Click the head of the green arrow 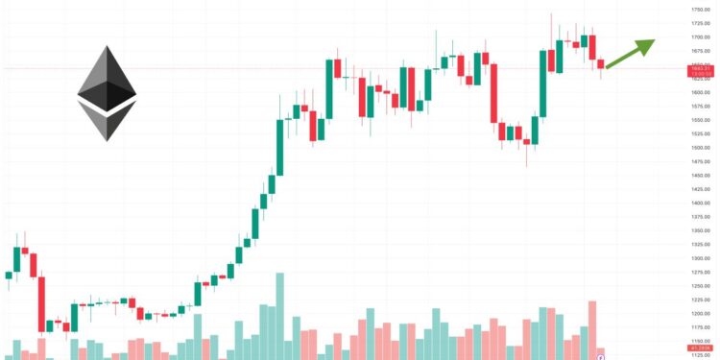[x=649, y=43]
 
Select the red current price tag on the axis [x=700, y=69]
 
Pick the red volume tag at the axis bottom [x=700, y=348]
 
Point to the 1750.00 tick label [x=700, y=9]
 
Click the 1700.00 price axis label [x=700, y=36]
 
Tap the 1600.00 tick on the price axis [x=700, y=92]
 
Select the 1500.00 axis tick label [x=700, y=148]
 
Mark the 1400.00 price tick [x=700, y=204]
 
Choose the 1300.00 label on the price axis [x=700, y=259]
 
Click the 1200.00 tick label [x=700, y=314]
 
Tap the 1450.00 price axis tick [x=700, y=176]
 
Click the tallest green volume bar [x=279, y=316]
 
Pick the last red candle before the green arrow [x=601, y=64]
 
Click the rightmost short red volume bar [x=601, y=353]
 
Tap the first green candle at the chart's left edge [x=9, y=276]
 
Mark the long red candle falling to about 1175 [x=41, y=304]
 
